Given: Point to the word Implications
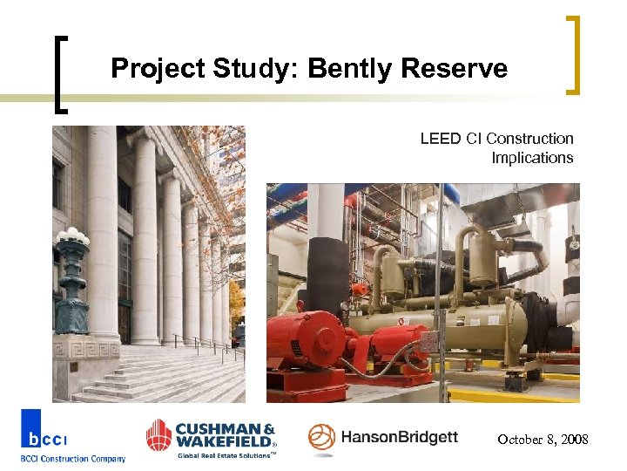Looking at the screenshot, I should coord(532,158).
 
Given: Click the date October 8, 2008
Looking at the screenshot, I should coord(543,440).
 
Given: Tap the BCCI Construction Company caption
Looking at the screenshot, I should coord(73,459).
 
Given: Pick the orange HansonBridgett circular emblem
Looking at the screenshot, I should coord(321,439).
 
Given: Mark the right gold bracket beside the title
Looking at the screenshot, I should coord(572,54).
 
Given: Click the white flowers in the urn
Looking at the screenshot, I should coord(72,236).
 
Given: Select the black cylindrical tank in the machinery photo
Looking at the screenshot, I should coord(329,271).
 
